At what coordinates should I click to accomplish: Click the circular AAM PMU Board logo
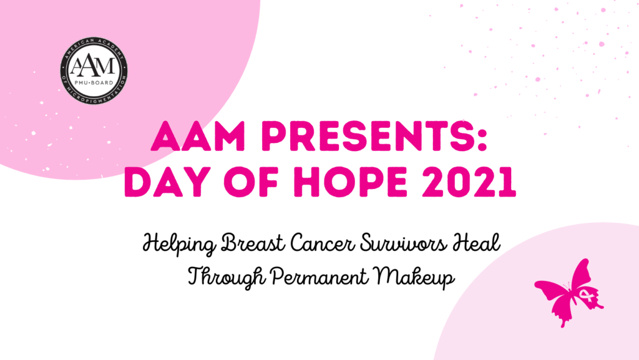[x=94, y=71]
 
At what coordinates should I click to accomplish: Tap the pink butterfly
[x=569, y=293]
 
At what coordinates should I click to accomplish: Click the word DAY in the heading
[x=167, y=182]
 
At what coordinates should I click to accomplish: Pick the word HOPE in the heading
[x=350, y=182]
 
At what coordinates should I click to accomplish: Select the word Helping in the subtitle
[x=180, y=245]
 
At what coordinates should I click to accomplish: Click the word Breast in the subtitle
[x=252, y=243]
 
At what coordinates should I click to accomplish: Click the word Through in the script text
[x=227, y=277]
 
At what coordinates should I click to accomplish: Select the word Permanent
[x=319, y=277]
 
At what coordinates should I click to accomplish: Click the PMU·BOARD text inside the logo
[x=94, y=83]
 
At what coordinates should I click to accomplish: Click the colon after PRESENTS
[x=483, y=140]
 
